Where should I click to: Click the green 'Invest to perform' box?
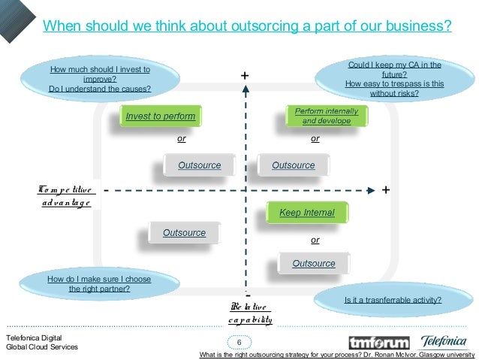coord(161,116)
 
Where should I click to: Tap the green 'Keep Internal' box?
coord(307,213)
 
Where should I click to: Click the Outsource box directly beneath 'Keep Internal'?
coord(313,263)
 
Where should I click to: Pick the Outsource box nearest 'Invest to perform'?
coord(199,165)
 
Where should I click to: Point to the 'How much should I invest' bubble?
coord(100,80)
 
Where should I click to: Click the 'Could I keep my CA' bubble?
coord(394,80)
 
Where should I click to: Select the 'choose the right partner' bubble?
coord(99,283)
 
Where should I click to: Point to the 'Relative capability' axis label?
coord(250,313)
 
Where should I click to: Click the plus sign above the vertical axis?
coord(244,76)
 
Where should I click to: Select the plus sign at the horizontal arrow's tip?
coord(385,189)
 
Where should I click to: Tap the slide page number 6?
coord(239,343)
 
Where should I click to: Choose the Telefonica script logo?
coord(443,341)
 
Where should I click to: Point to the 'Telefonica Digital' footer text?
coord(35,337)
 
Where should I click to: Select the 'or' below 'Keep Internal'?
coord(315,240)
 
